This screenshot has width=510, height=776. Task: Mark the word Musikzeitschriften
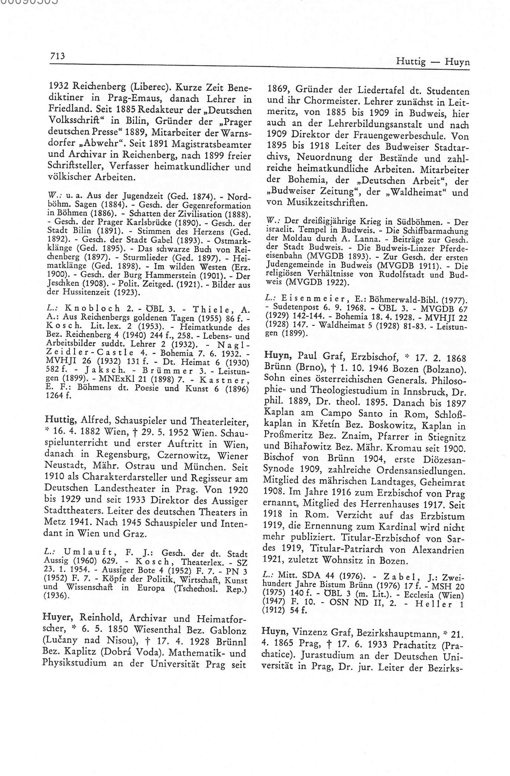(327, 202)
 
